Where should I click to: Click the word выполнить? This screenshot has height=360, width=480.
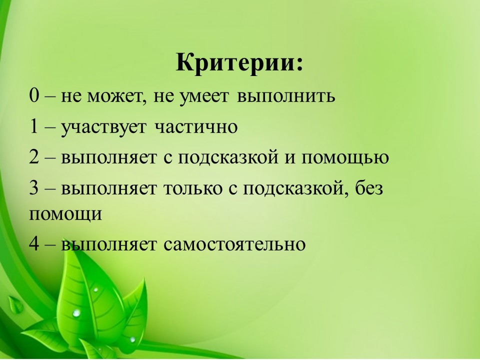coord(286,96)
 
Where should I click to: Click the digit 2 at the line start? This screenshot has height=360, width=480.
coord(34,156)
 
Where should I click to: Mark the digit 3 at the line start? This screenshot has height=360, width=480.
coord(34,188)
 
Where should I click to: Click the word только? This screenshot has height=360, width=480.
coord(193,189)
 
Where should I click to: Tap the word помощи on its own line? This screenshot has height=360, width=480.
coord(65,215)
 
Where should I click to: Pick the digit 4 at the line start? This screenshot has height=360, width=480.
coord(34,243)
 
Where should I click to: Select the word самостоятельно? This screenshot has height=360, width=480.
coord(234,245)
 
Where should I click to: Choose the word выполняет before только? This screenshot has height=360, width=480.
coord(108,189)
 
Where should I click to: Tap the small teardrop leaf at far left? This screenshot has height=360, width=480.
coord(15,304)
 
